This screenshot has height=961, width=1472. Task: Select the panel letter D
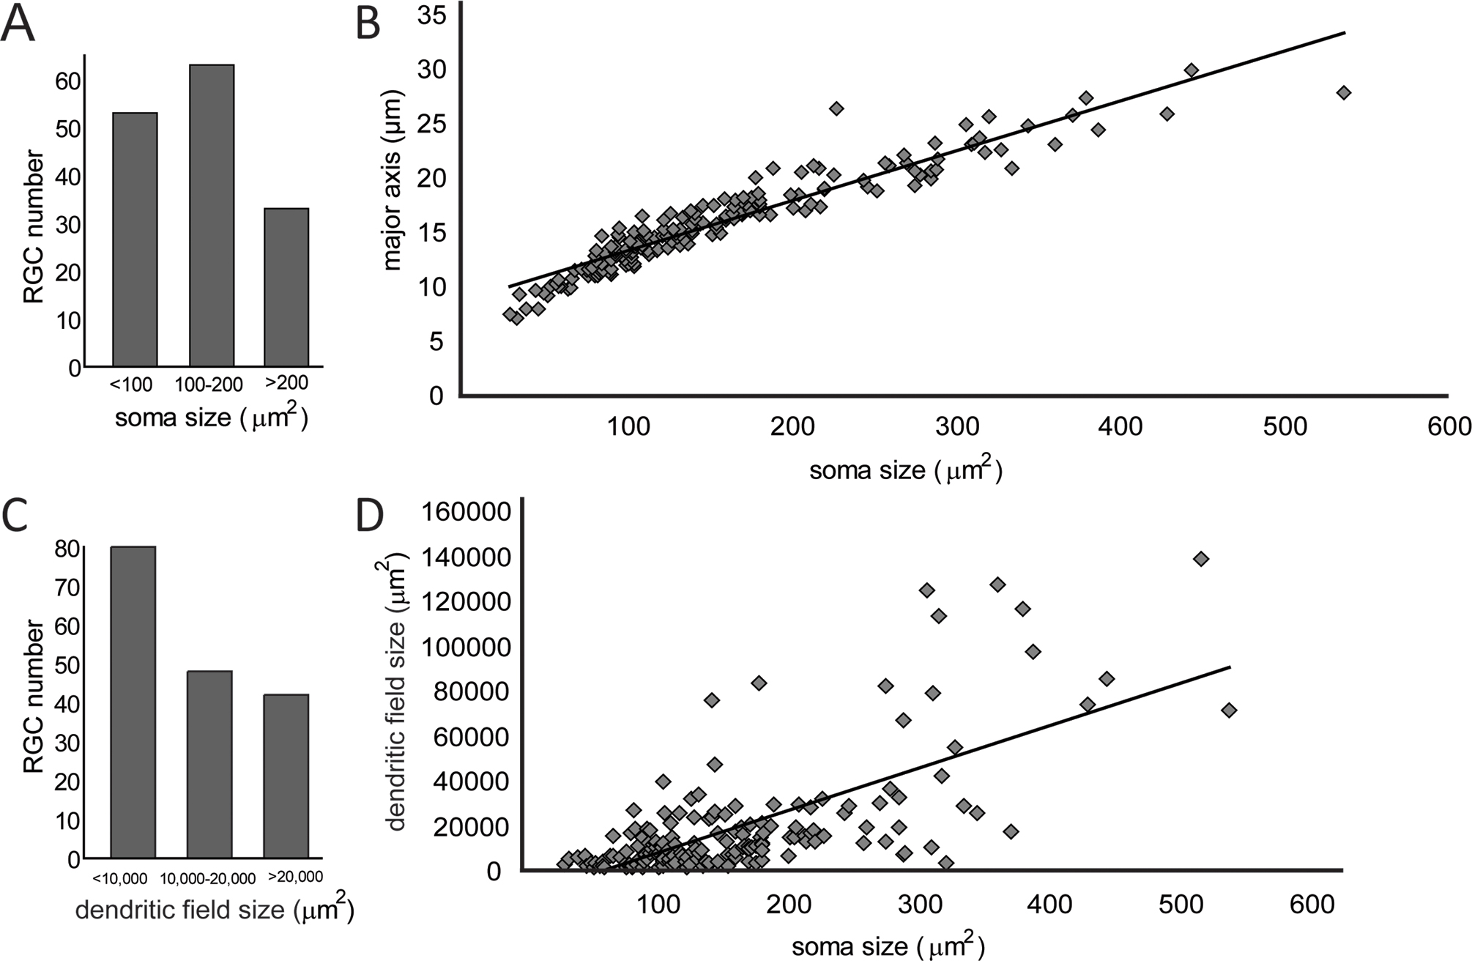(370, 517)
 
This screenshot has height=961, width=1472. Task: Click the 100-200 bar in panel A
(212, 216)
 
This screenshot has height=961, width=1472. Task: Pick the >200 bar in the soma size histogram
(286, 288)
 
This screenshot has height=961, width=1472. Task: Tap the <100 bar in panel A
(135, 240)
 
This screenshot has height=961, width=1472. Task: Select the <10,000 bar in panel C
(133, 702)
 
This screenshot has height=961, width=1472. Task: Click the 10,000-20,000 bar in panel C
(209, 765)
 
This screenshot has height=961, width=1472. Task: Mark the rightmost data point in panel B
(1343, 93)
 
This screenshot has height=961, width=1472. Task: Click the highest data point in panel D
(1200, 559)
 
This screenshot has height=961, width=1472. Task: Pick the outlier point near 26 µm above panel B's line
(836, 108)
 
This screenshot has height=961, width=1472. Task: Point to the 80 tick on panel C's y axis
(68, 549)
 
